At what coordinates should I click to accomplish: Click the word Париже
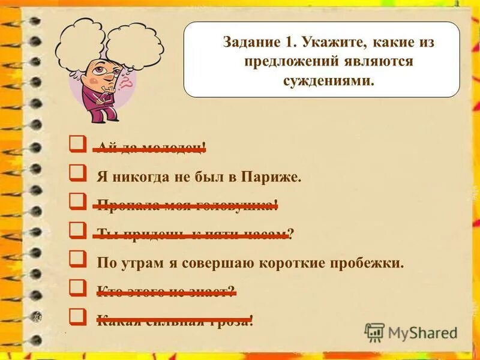(x=271, y=177)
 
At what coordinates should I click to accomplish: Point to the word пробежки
(x=374, y=263)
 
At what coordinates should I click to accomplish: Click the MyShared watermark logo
(x=411, y=332)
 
